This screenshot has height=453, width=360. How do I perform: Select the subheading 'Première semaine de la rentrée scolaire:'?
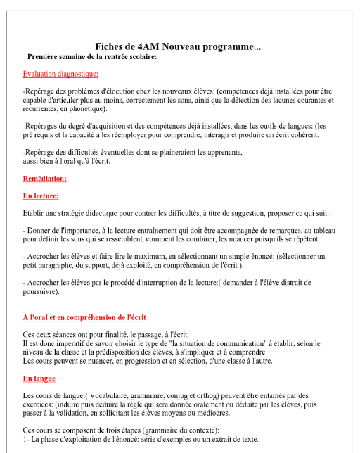point(91,56)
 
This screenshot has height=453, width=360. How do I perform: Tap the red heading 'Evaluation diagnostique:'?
point(60,74)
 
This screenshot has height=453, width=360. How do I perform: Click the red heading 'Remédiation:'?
point(45,179)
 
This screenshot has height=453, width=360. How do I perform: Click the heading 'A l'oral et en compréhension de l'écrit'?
point(84,318)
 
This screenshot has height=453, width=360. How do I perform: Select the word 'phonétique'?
point(86,109)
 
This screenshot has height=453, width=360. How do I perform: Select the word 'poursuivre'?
point(40,291)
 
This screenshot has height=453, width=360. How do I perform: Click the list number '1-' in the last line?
point(27,439)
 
